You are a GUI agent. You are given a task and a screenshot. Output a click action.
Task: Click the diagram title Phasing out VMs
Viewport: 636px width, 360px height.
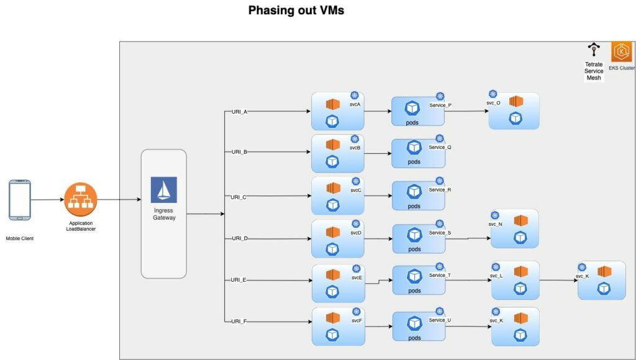tap(296, 11)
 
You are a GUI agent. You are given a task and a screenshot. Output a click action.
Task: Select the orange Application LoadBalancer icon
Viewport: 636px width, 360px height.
tap(80, 200)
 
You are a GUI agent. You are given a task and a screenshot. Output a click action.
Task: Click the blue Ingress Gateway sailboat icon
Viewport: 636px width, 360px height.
tap(163, 190)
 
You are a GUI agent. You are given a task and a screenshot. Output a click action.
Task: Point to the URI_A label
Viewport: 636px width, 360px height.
tap(239, 112)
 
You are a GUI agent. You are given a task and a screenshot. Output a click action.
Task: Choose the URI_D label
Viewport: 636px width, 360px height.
tap(239, 238)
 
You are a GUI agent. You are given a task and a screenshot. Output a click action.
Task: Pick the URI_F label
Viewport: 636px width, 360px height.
tap(239, 322)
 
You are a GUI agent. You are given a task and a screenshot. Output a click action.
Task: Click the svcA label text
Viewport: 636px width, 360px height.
tap(355, 104)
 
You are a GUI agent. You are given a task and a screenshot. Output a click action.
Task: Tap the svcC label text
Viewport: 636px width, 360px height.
tap(356, 191)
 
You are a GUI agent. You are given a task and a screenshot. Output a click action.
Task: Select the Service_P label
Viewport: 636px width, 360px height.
tap(440, 106)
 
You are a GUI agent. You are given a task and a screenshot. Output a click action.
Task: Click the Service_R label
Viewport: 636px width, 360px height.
tap(440, 190)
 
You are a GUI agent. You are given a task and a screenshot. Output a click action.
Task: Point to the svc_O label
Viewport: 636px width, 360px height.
tap(494, 102)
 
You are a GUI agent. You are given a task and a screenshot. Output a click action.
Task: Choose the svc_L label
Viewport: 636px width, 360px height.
tap(496, 275)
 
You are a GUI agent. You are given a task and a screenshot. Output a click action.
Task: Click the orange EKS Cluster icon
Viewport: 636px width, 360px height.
tap(621, 52)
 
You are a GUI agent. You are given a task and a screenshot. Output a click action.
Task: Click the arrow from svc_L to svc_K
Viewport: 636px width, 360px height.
tap(558, 281)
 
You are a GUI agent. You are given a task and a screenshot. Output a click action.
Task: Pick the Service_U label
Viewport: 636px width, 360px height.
tap(440, 320)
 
